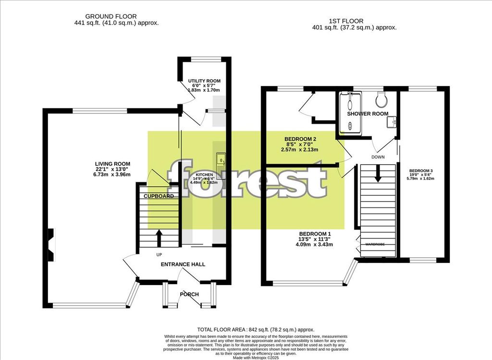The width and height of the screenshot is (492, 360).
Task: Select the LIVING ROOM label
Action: point(112,164)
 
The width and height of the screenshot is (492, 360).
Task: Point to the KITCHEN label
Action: point(204,175)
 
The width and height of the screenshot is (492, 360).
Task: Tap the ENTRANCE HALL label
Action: point(183,264)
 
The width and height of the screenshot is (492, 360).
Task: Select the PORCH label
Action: point(189,294)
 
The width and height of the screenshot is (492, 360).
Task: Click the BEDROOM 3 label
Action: point(421,171)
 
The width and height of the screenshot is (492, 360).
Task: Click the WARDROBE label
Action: point(375,245)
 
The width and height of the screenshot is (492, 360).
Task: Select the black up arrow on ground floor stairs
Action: point(159,237)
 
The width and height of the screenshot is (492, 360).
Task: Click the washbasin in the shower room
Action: point(391,122)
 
